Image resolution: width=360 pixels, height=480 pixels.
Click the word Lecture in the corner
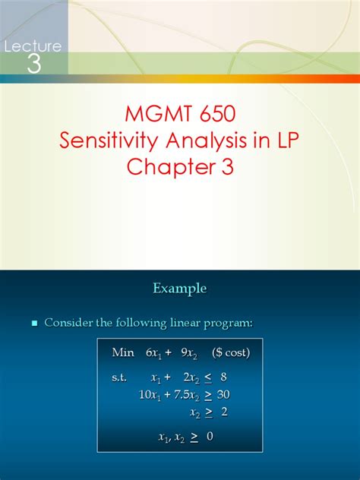[x=32, y=46]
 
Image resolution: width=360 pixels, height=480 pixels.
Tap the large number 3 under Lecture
[x=33, y=65]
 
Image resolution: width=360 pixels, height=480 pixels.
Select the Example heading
[x=179, y=289]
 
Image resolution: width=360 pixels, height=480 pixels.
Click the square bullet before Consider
[x=33, y=324]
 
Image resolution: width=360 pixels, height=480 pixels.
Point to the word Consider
[x=69, y=323]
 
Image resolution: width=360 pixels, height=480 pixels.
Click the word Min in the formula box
[x=122, y=352]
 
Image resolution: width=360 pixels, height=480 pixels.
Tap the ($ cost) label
[x=230, y=352]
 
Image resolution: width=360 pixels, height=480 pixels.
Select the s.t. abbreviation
[x=119, y=377]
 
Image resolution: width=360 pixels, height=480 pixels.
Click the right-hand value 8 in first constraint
[x=223, y=377]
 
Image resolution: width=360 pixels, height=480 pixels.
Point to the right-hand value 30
[x=223, y=394]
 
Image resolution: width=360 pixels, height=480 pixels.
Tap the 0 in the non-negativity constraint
[x=209, y=436]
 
